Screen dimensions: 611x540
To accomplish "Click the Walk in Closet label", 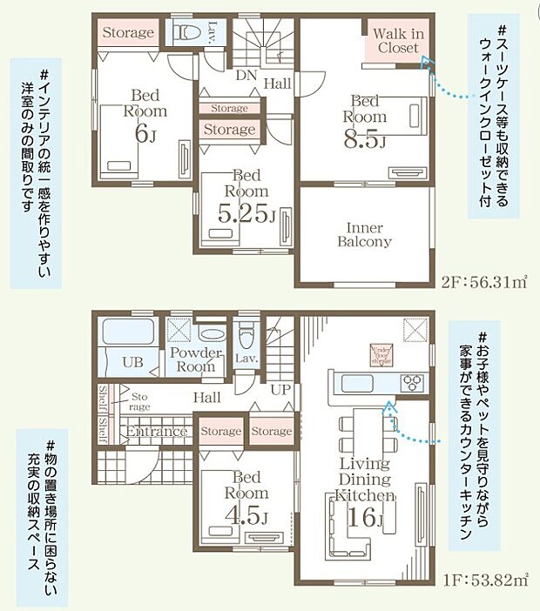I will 397,41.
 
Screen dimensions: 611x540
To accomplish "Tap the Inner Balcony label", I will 364,235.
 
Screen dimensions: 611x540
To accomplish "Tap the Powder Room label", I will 196,360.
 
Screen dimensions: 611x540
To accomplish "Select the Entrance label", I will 157,432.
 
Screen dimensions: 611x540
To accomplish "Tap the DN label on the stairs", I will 246,76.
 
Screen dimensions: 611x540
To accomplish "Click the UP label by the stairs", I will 280,390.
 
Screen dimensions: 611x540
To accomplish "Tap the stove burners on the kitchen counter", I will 411,383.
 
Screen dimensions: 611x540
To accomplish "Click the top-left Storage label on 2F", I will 128,33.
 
